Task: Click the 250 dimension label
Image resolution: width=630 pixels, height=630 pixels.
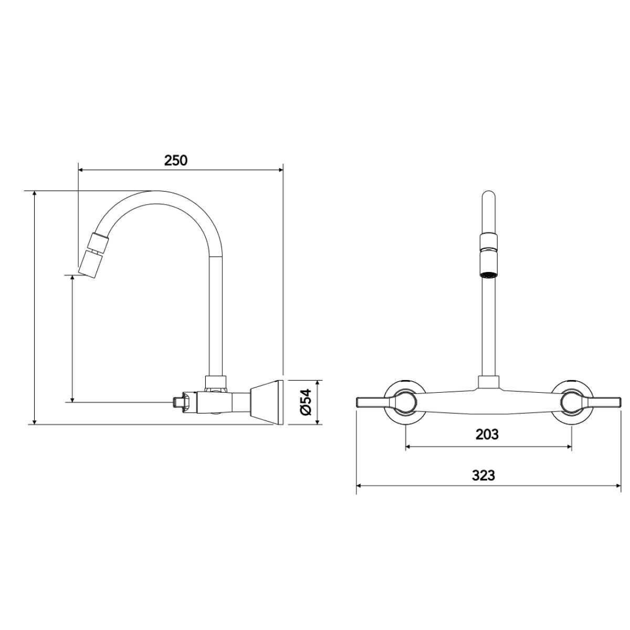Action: (x=175, y=161)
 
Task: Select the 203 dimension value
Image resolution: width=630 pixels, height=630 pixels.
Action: (x=487, y=435)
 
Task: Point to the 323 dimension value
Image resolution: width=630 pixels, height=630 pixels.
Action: (x=484, y=476)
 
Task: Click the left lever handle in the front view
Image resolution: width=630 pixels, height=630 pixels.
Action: (x=375, y=402)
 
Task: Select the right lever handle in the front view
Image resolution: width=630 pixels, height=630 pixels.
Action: (x=601, y=402)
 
